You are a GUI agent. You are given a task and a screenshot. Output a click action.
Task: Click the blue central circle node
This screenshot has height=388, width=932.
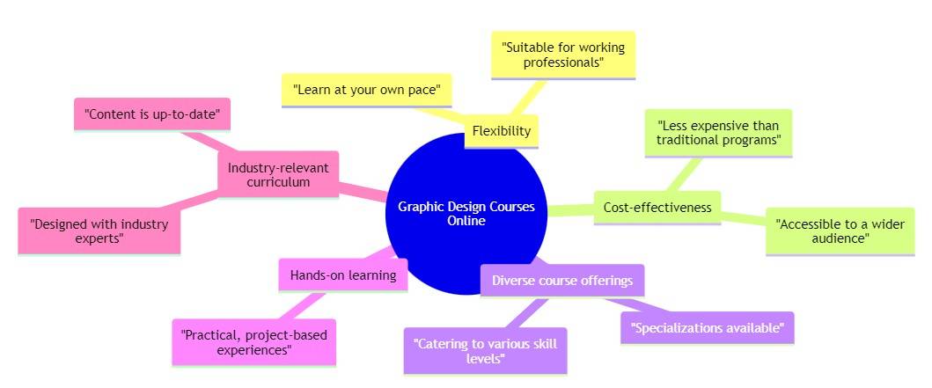(466, 176)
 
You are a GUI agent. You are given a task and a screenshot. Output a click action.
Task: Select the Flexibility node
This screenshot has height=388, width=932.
(501, 131)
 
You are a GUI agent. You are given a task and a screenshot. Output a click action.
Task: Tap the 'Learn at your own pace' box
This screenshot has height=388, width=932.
(366, 90)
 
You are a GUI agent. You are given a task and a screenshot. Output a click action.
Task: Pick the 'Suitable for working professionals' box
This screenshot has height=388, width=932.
(562, 55)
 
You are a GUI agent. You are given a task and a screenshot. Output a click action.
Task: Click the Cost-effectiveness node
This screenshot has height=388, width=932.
(657, 208)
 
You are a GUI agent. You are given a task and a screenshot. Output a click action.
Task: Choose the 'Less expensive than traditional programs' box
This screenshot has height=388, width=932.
(718, 132)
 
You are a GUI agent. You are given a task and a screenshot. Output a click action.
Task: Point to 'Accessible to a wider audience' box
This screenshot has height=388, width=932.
(840, 231)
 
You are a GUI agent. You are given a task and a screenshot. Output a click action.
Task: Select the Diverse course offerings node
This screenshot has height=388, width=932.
(562, 281)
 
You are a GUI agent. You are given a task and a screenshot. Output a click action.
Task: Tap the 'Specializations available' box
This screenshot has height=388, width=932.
(707, 328)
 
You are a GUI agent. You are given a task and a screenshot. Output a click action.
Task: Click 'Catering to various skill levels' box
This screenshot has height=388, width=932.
(485, 350)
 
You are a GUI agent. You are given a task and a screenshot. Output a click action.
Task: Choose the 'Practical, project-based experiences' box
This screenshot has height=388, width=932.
(254, 342)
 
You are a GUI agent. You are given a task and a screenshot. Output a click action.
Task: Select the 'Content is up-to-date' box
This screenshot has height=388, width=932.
(151, 113)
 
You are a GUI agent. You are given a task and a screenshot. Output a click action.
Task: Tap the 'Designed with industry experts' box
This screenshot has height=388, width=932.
(99, 231)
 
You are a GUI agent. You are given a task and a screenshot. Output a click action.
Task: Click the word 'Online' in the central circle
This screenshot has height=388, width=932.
(466, 221)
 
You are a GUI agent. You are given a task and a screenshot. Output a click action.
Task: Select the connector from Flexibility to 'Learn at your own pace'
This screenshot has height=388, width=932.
(440, 113)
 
